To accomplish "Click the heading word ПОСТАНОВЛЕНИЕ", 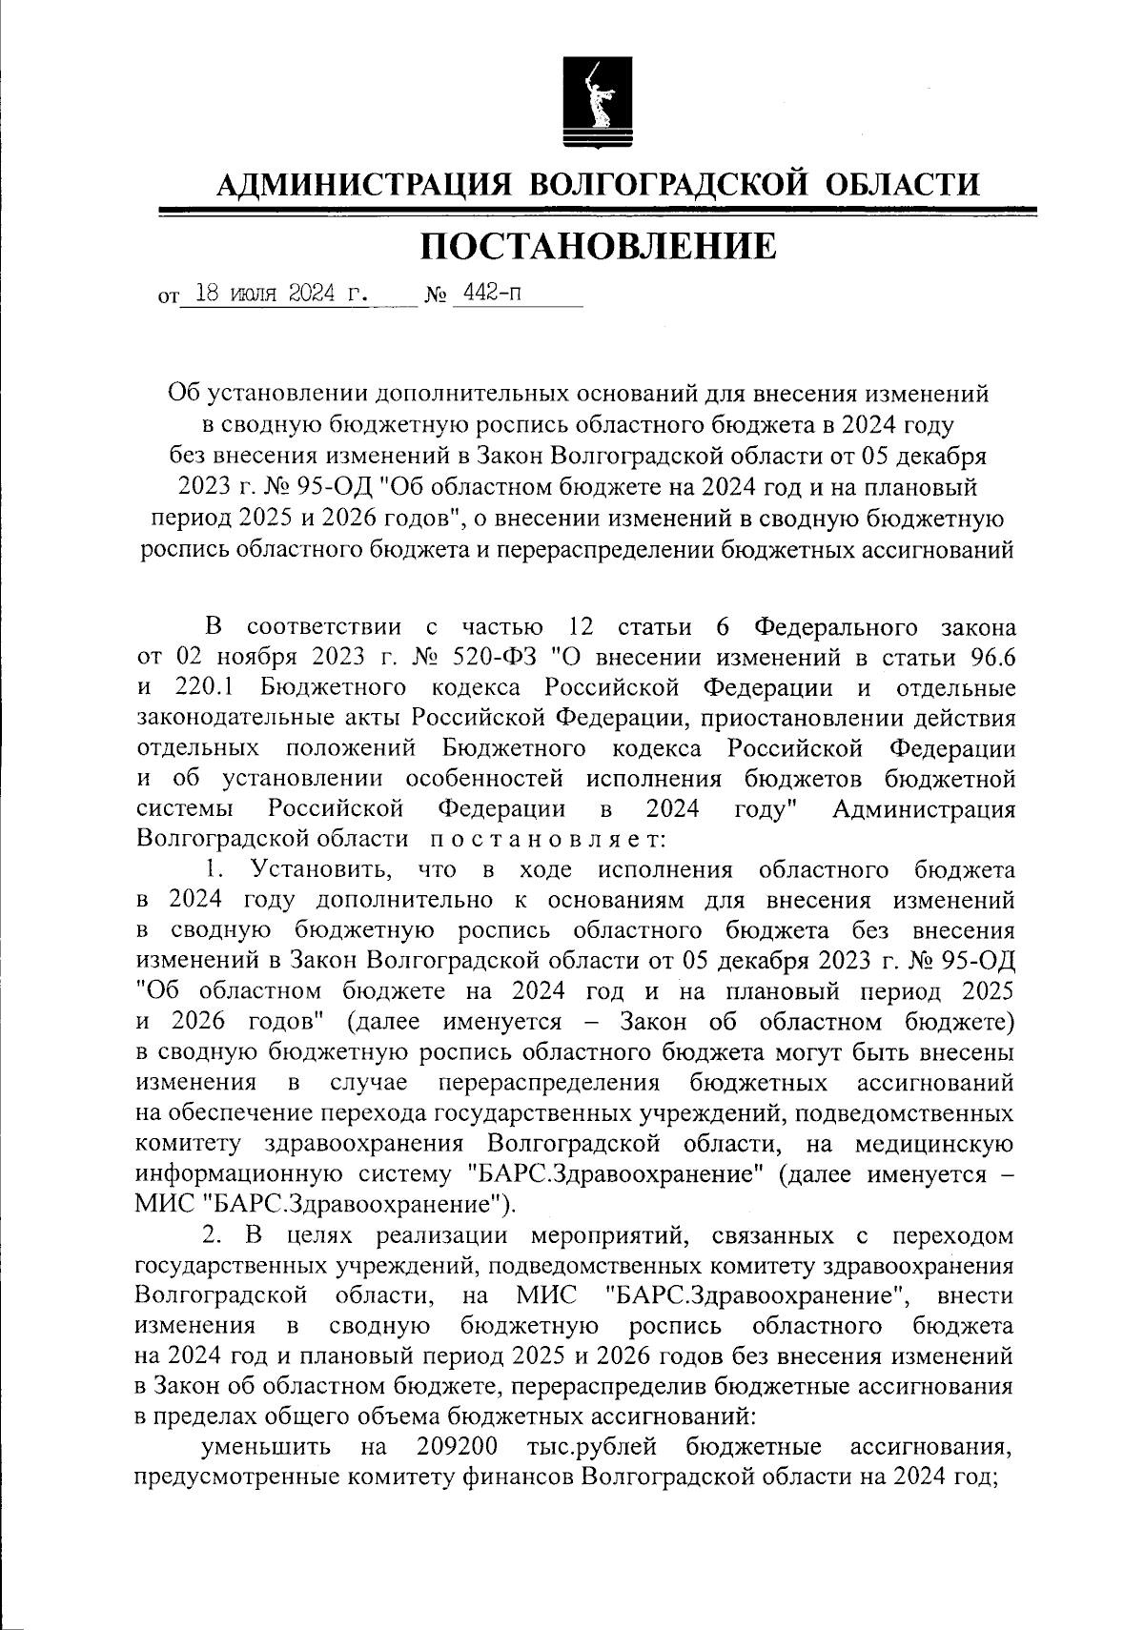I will tap(599, 246).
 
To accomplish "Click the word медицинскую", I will tap(933, 1145).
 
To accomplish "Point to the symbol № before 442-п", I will tap(436, 295).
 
